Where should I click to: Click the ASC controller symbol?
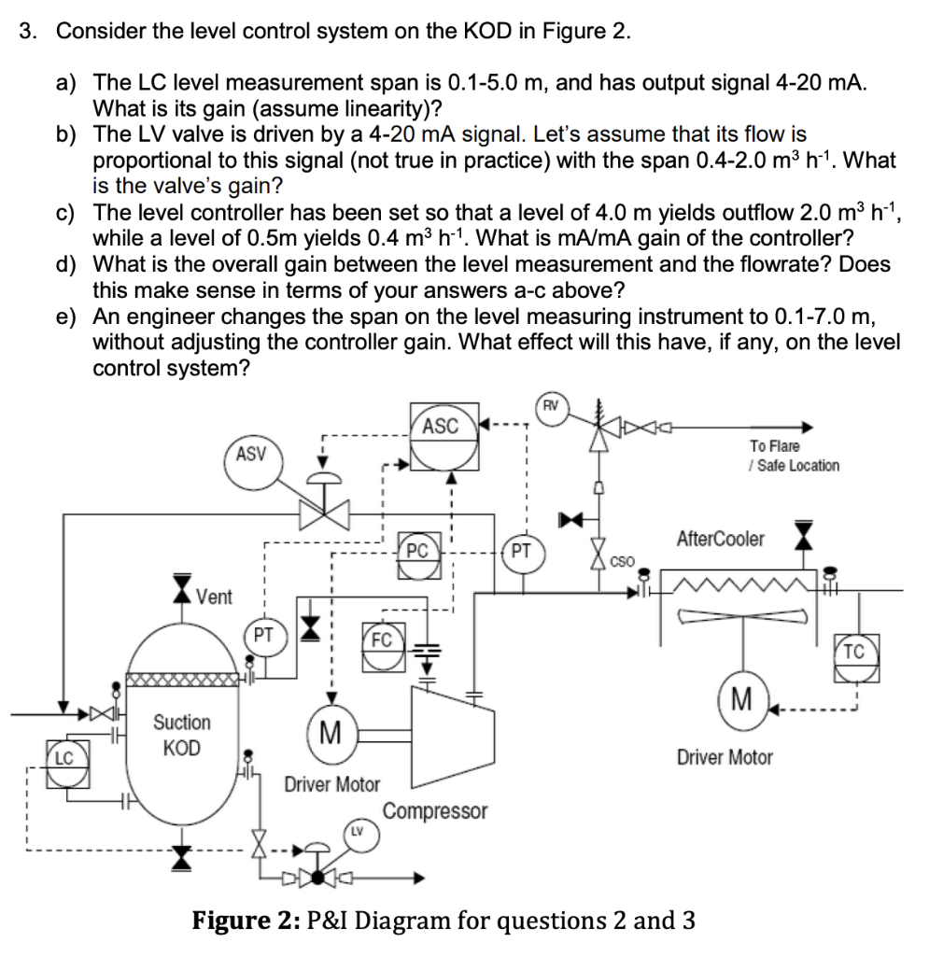coord(441,427)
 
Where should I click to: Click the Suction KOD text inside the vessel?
coord(181,735)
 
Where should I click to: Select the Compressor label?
coord(435,811)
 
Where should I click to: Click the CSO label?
coord(622,562)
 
